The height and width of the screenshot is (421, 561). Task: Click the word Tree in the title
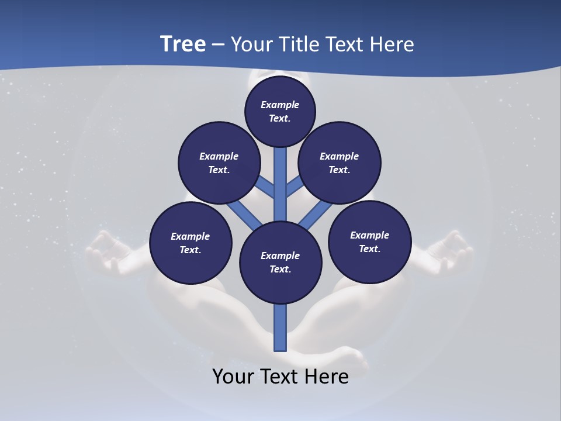(183, 44)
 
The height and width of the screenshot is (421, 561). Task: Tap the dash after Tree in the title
(218, 44)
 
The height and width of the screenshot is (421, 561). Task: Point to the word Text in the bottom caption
(279, 376)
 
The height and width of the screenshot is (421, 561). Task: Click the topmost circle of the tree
(280, 111)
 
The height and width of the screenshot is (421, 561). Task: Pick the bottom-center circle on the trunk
(280, 263)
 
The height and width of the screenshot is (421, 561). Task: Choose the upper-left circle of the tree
(219, 163)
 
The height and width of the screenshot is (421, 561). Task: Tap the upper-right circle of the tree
(340, 163)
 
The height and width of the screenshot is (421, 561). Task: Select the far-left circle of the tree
(191, 243)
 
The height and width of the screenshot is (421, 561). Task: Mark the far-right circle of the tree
(369, 241)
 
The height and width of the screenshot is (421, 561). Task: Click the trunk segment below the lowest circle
(280, 327)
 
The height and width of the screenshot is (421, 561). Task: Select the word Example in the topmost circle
(280, 105)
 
